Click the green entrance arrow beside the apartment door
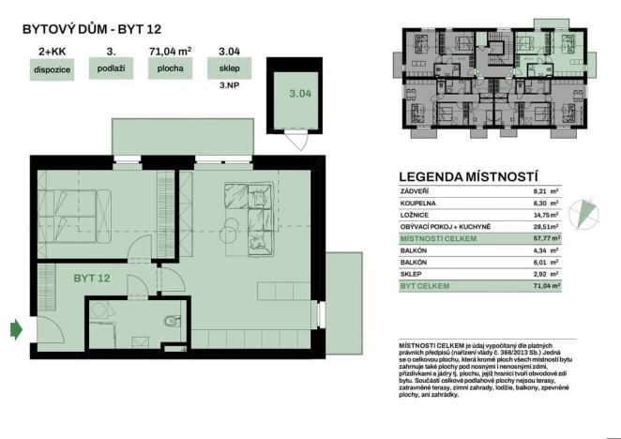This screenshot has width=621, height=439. pyautogui.click(x=16, y=328)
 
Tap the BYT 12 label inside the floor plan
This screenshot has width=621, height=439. pyautogui.click(x=92, y=279)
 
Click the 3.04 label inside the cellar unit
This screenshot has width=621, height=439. pyautogui.click(x=299, y=94)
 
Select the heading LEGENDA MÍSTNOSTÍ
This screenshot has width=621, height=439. pyautogui.click(x=468, y=175)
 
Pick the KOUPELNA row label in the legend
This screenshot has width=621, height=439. pyautogui.click(x=417, y=202)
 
